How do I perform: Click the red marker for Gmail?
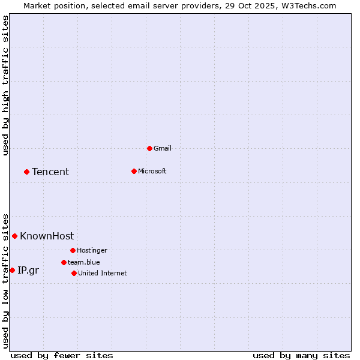pyautogui.click(x=149, y=148)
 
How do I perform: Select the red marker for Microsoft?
pyautogui.click(x=134, y=171)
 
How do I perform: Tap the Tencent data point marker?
pyautogui.click(x=26, y=172)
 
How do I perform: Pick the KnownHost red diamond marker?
pyautogui.click(x=14, y=236)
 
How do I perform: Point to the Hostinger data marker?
pyautogui.click(x=73, y=250)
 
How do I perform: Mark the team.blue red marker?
pyautogui.click(x=64, y=262)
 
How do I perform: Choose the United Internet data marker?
pyautogui.click(x=74, y=273)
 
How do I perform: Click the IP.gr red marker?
pyautogui.click(x=12, y=270)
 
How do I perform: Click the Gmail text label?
pyautogui.click(x=163, y=148)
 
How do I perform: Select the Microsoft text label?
pyautogui.click(x=152, y=171)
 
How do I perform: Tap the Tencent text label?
pyautogui.click(x=50, y=172)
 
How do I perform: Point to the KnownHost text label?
pyautogui.click(x=47, y=236)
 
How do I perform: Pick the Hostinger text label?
pyautogui.click(x=92, y=250)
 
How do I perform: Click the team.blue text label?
pyautogui.click(x=84, y=262)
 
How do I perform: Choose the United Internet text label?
pyautogui.click(x=103, y=273)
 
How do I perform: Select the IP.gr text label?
pyautogui.click(x=28, y=270)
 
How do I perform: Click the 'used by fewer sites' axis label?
pyautogui.click(x=62, y=355)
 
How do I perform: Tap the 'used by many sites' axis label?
pyautogui.click(x=301, y=355)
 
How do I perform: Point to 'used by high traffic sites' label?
pyautogui.click(x=5, y=85)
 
